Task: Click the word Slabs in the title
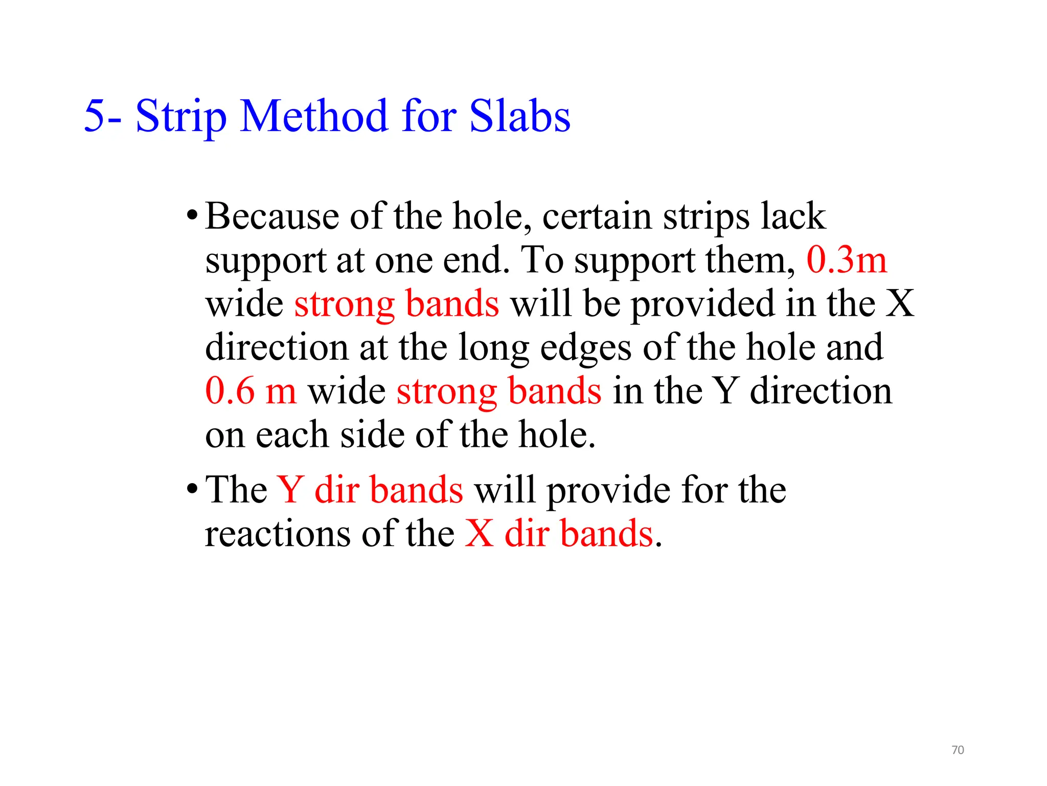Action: tap(519, 117)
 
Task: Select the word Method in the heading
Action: tap(313, 117)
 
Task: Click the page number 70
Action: tap(958, 750)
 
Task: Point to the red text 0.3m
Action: tap(846, 260)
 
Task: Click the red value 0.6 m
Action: tap(251, 391)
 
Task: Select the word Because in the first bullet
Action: tap(272, 216)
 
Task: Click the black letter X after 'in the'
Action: tap(899, 304)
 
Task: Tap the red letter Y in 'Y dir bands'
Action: tap(290, 490)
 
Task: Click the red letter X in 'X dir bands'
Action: tap(479, 534)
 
